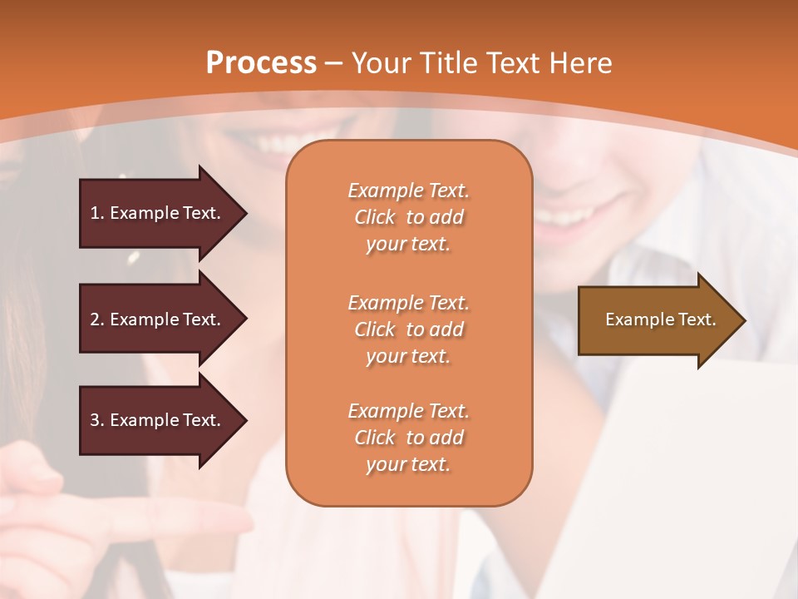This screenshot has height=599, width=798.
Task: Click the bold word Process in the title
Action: point(261,62)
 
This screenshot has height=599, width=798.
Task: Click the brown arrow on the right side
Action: point(657,320)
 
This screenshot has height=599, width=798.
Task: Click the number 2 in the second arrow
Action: point(94,319)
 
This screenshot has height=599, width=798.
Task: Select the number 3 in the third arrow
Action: point(94,420)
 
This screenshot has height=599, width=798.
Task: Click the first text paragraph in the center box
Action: point(408,217)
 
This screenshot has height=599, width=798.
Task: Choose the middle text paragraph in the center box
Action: point(408,329)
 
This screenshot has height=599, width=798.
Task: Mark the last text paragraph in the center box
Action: point(408,438)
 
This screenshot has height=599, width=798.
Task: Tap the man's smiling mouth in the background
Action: point(565,219)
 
